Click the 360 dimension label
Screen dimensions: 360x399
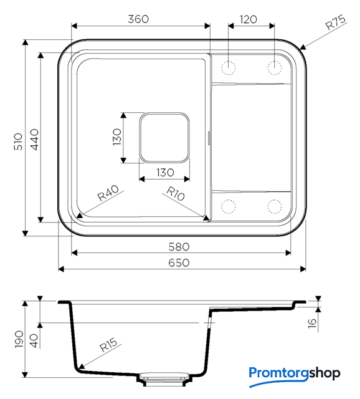pos(138,19)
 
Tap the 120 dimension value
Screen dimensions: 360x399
pos(248,19)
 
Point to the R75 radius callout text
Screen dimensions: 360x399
pos(336,22)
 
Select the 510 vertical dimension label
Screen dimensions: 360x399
pos(18,142)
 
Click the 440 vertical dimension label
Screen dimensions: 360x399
pos(35,140)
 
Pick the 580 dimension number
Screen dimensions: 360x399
pos(179,247)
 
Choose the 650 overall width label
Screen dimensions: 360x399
pos(179,262)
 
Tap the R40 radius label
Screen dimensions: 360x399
pos(108,193)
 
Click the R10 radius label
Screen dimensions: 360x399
pos(175,194)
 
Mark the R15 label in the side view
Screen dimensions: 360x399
pos(108,345)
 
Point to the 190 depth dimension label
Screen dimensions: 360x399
pos(19,339)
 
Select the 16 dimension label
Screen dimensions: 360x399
pos(312,323)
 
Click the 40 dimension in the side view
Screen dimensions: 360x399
pos(34,341)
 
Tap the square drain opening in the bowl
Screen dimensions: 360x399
pos(164,138)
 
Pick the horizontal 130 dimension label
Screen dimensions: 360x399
pos(165,173)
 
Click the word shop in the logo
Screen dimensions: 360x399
pos(324,373)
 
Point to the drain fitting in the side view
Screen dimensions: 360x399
pos(164,379)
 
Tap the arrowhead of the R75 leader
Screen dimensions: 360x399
pos(303,47)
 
